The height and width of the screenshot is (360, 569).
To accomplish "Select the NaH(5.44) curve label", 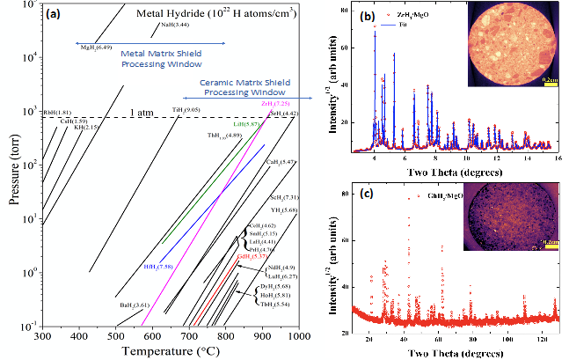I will (x=172, y=26).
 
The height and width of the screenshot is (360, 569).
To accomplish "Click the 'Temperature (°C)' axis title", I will (x=172, y=351).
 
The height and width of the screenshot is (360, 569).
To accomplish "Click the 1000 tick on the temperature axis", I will (x=299, y=336).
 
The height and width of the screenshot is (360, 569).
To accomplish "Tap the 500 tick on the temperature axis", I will (x=116, y=336).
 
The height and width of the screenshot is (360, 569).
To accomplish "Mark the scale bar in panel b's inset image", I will (x=551, y=79).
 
